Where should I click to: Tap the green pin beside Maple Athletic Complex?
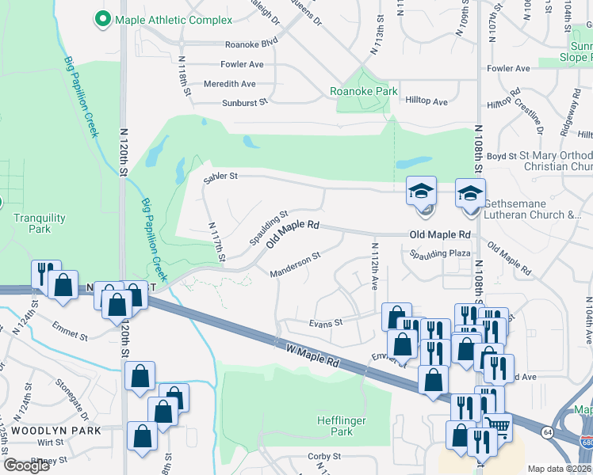pos(101,17)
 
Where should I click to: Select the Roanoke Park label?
pos(364,91)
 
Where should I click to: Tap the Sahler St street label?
pos(220,177)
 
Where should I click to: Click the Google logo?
pos(27,465)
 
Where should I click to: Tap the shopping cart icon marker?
pos(498,427)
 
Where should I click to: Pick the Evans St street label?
pos(326,322)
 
